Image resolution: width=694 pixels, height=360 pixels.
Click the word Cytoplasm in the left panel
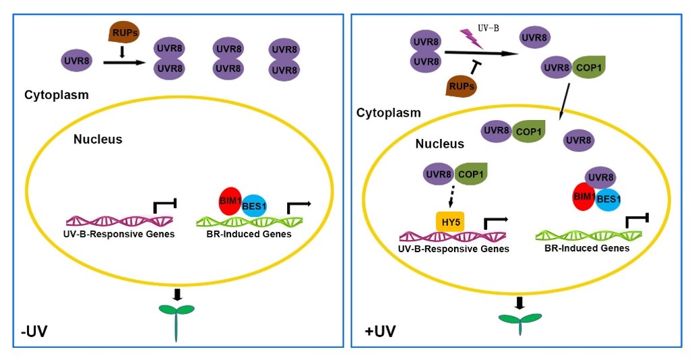(x=57, y=95)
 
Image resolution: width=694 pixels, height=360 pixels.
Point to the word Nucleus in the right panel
(x=439, y=144)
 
